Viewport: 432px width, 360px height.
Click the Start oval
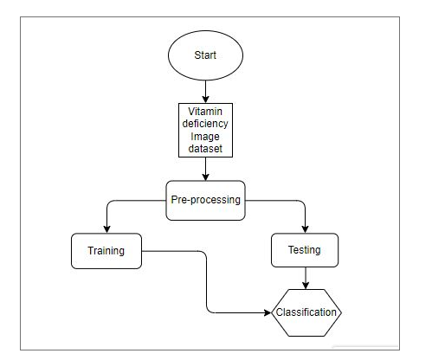click(x=205, y=55)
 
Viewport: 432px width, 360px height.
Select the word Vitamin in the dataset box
click(x=205, y=112)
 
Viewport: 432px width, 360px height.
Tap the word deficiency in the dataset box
click(x=205, y=124)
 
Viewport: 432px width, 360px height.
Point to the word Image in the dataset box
click(x=205, y=137)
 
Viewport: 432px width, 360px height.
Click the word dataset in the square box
click(x=205, y=149)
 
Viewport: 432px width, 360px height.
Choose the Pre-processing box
click(x=205, y=201)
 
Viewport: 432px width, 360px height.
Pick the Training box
click(x=106, y=251)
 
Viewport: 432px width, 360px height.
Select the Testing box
click(x=305, y=250)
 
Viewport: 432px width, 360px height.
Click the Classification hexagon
click(x=306, y=312)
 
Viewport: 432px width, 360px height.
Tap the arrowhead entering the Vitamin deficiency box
click(x=205, y=100)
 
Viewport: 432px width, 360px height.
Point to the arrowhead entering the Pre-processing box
click(x=205, y=177)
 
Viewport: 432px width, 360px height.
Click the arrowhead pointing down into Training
click(x=106, y=229)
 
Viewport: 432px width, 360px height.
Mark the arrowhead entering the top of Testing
click(x=305, y=229)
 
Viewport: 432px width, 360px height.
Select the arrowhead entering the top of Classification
click(x=306, y=286)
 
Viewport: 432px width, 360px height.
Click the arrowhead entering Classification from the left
click(x=268, y=312)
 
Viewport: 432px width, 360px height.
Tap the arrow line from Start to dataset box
click(x=205, y=92)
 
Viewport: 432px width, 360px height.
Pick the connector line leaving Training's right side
click(x=207, y=282)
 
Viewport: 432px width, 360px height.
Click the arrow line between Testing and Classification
click(x=306, y=278)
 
